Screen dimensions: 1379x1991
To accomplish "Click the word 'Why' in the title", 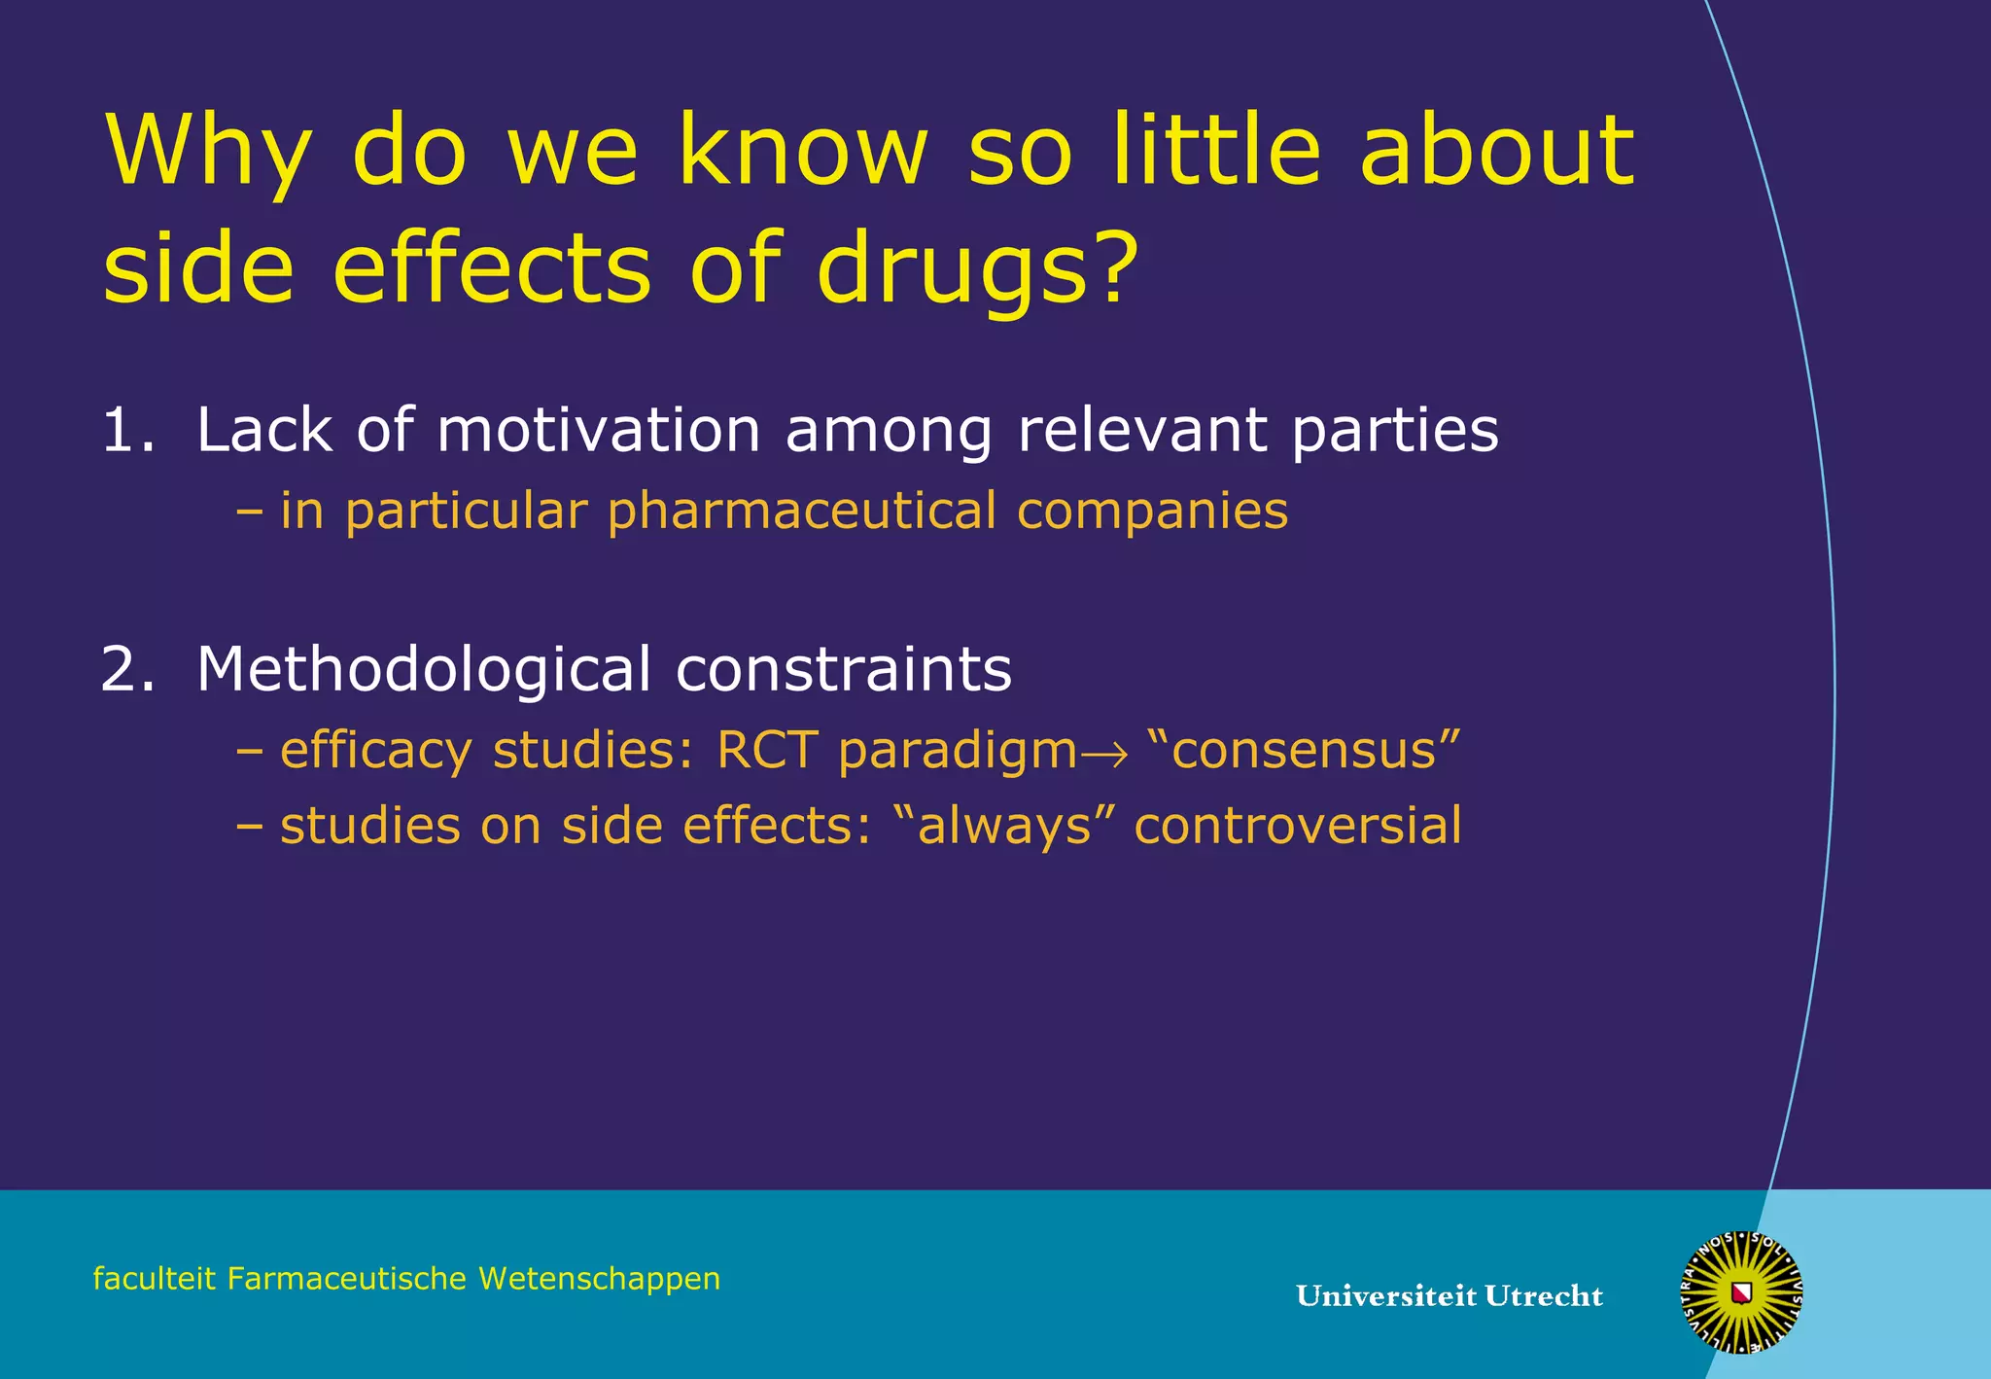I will click(x=207, y=154).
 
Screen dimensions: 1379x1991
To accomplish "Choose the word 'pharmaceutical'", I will click(x=802, y=512).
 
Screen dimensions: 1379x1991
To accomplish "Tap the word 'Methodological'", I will click(x=423, y=670).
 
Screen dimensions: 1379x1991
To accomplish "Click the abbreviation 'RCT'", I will click(x=767, y=751).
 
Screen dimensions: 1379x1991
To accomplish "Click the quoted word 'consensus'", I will click(x=1304, y=751).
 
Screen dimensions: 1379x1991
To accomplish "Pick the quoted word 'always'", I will click(x=1001, y=827).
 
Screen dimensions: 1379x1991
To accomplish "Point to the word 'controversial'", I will click(x=1297, y=826).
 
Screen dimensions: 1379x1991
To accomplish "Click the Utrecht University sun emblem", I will click(x=1741, y=1291).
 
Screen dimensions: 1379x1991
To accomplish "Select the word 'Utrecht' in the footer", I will click(x=1544, y=1296).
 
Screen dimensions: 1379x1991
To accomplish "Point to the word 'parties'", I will click(x=1395, y=432).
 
